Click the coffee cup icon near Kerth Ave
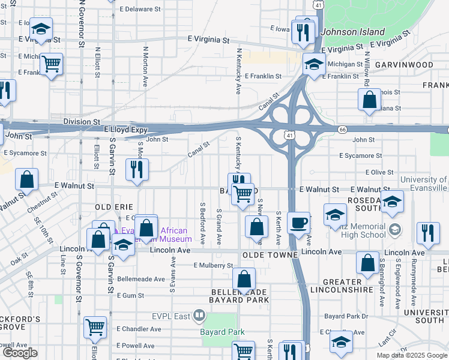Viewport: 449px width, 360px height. [298, 223]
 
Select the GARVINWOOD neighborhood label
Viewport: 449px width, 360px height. [404, 64]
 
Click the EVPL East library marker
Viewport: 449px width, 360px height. [200, 316]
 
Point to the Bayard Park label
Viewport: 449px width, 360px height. [223, 332]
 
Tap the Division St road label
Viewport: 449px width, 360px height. [82, 121]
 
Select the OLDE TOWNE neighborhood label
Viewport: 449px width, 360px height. [270, 255]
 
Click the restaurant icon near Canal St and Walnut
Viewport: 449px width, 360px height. [137, 169]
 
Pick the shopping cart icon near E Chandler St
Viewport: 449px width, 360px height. [95, 327]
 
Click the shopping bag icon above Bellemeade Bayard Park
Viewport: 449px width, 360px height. [244, 278]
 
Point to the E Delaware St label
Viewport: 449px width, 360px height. [140, 10]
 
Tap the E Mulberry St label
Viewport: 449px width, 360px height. [213, 265]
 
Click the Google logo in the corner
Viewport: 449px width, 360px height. [20, 353]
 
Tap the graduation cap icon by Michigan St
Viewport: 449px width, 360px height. [313, 64]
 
